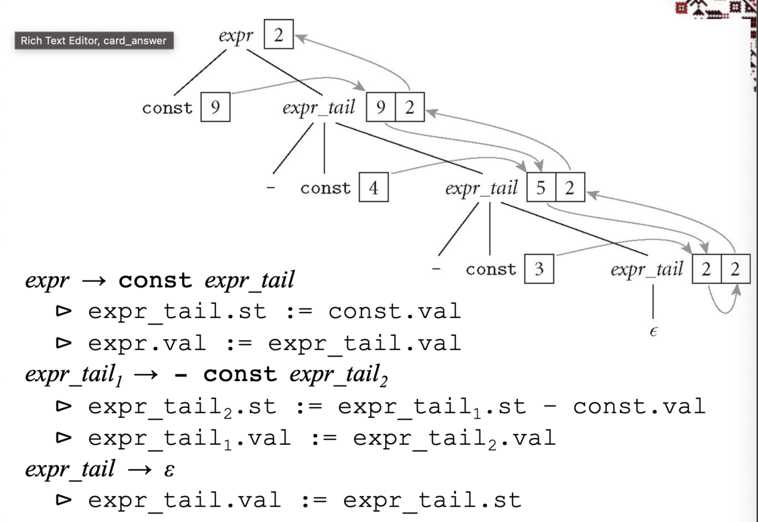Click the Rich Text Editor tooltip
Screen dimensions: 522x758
coord(94,41)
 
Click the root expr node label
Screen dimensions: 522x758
coord(236,36)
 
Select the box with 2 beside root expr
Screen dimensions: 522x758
coord(278,35)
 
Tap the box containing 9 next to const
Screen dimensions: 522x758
coord(215,107)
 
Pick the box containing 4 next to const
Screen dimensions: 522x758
coord(373,187)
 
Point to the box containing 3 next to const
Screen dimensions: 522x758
coord(539,269)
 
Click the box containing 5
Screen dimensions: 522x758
coord(541,187)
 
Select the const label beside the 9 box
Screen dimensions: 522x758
coord(167,108)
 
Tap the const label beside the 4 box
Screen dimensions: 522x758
coord(326,188)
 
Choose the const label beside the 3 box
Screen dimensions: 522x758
coord(491,269)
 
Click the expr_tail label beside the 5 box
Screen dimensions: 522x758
coord(481,188)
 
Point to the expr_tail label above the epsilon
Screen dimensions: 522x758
coord(647,269)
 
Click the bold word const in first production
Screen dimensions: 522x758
coord(155,280)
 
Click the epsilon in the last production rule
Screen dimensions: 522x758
coord(168,470)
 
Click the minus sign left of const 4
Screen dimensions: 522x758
coord(271,188)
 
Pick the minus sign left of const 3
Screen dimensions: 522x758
coord(436,269)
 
